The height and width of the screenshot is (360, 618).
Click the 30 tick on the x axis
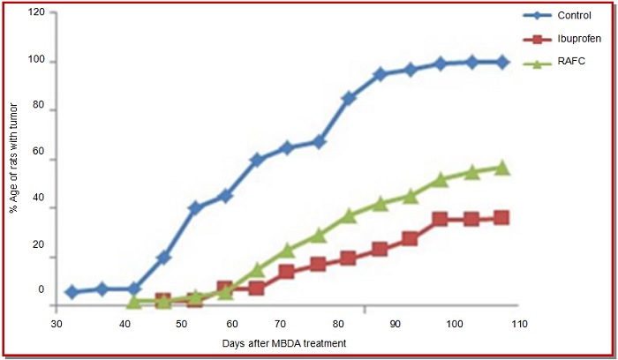click(x=56, y=324)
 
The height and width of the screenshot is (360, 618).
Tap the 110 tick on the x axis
click(x=519, y=324)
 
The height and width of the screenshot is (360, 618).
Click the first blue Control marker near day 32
click(x=72, y=292)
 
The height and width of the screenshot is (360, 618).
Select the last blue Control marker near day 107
click(x=502, y=62)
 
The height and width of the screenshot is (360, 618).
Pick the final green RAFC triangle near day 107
click(x=501, y=168)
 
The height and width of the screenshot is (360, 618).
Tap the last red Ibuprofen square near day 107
click(x=501, y=218)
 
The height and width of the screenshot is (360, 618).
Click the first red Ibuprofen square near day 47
click(x=162, y=301)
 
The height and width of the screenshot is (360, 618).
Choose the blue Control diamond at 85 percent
click(x=349, y=98)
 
